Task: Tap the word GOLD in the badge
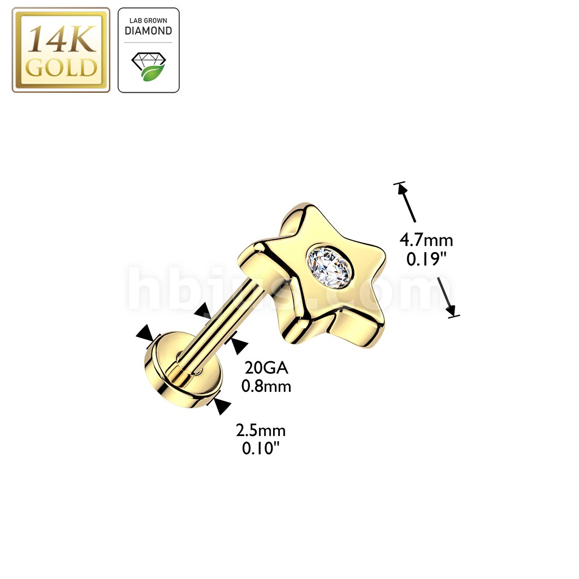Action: [x=61, y=68]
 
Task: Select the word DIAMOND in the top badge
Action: [x=148, y=31]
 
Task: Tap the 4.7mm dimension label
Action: [x=426, y=240]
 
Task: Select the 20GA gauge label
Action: [x=266, y=369]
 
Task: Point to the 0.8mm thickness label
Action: [x=266, y=387]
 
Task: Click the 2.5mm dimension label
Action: [x=261, y=431]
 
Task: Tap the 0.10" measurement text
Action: [x=261, y=449]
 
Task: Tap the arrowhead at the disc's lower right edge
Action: [x=222, y=405]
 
